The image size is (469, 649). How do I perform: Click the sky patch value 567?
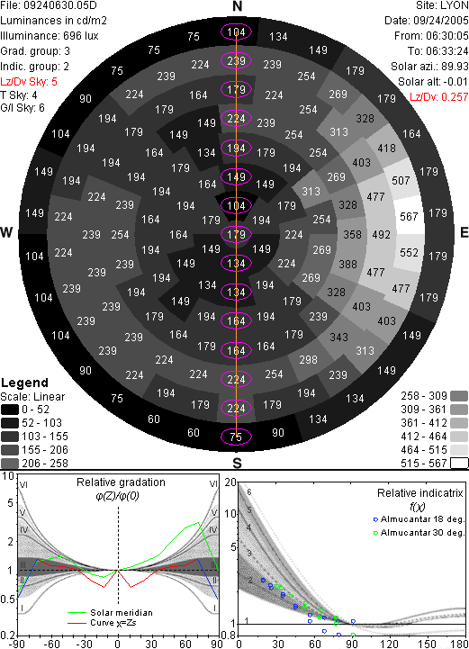click(409, 216)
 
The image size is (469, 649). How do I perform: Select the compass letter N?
click(237, 6)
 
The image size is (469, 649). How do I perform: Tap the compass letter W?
click(6, 232)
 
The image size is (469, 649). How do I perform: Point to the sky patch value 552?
click(409, 252)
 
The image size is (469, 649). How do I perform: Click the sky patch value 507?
click(401, 180)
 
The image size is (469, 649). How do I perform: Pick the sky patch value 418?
click(386, 149)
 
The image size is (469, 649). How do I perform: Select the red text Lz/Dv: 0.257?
click(439, 97)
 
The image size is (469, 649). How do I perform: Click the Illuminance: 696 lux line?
click(50, 36)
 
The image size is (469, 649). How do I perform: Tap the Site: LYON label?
click(442, 5)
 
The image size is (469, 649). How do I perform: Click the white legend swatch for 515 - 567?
click(459, 464)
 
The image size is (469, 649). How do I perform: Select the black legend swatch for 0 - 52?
click(10, 410)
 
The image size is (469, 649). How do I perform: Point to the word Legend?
click(25, 383)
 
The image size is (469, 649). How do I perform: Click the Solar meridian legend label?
click(122, 613)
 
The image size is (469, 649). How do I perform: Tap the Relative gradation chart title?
click(121, 482)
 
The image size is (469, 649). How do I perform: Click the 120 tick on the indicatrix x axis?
click(389, 644)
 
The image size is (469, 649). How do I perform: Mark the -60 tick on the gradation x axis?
click(51, 644)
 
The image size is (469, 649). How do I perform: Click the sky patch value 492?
click(382, 235)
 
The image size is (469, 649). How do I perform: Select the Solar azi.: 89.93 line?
click(429, 67)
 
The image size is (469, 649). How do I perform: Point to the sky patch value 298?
click(309, 360)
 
